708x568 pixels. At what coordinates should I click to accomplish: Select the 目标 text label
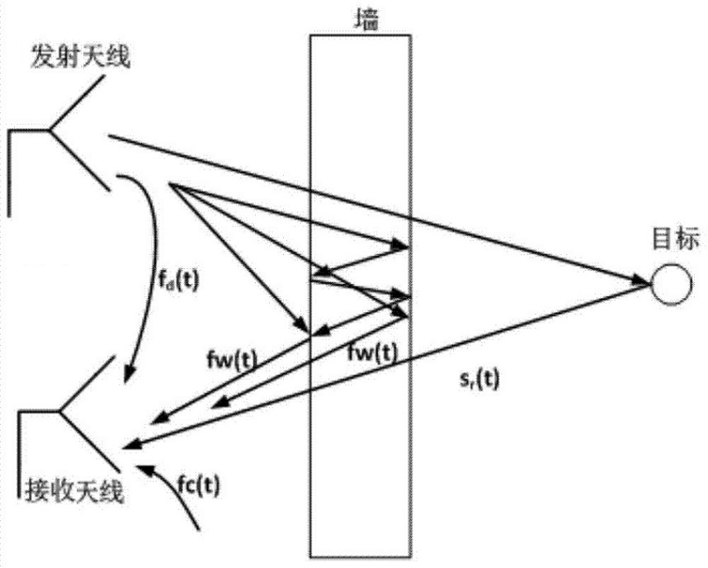(675, 242)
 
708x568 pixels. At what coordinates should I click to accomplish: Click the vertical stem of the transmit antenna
(11, 173)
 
